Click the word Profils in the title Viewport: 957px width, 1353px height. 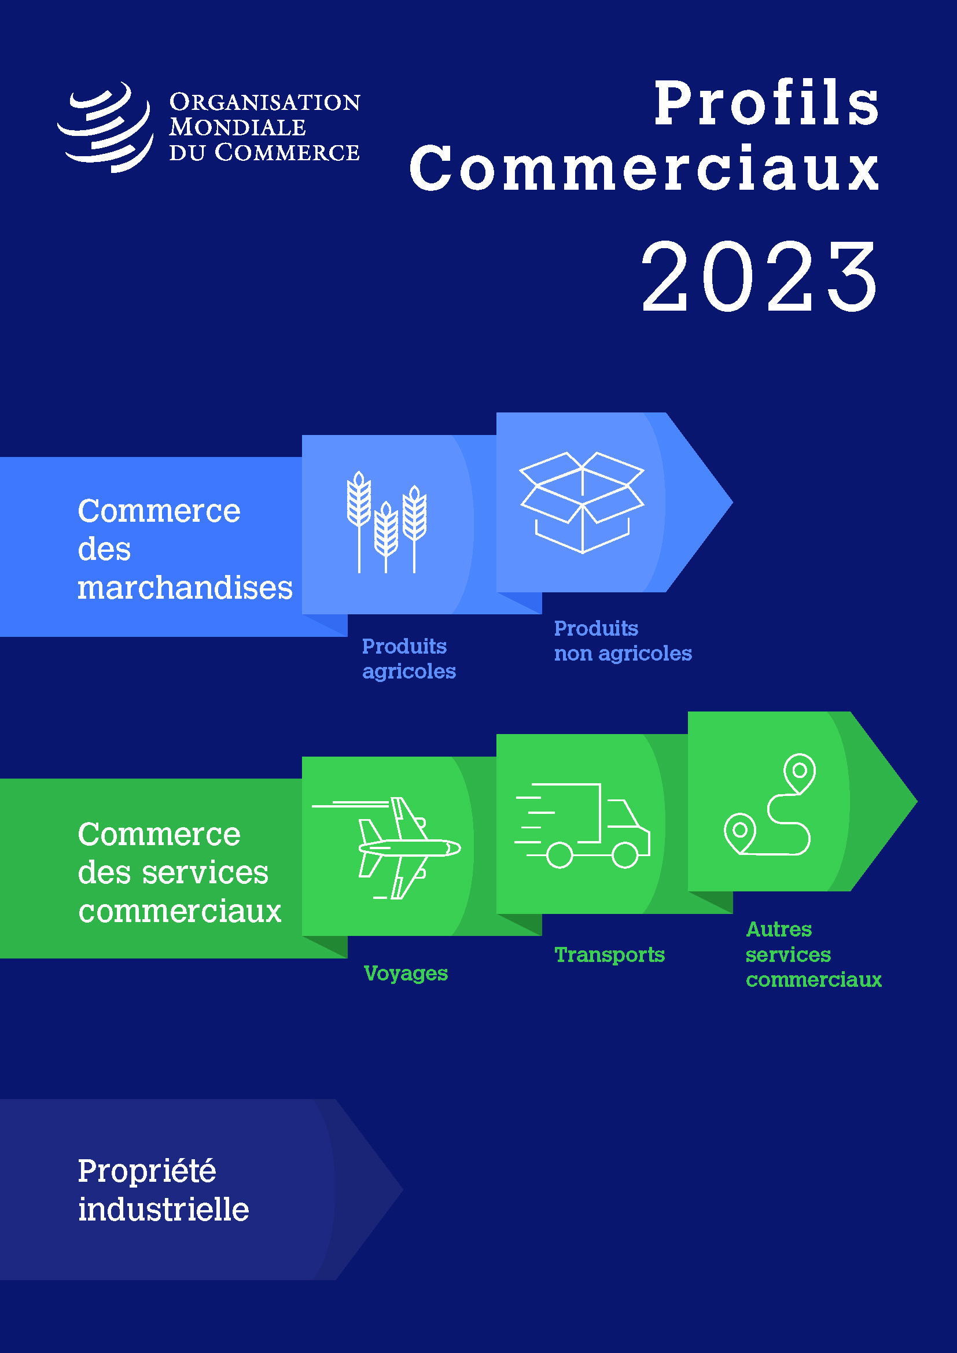(767, 103)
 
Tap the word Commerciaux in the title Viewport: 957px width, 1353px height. (645, 168)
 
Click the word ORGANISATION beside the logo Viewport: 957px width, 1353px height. (264, 102)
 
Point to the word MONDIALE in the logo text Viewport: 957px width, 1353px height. (237, 127)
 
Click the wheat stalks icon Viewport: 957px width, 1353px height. (387, 522)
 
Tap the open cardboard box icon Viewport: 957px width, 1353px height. (582, 503)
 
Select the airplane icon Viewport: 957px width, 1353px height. (387, 848)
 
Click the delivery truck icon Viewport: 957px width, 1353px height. (582, 825)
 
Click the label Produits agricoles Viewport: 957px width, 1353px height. (409, 658)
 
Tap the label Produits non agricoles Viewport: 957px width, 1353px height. (623, 640)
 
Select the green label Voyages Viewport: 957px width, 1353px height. (406, 973)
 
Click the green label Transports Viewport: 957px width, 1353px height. (609, 954)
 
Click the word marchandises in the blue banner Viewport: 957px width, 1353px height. (185, 588)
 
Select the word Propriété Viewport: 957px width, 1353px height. (147, 1171)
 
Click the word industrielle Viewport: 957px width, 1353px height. (163, 1209)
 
